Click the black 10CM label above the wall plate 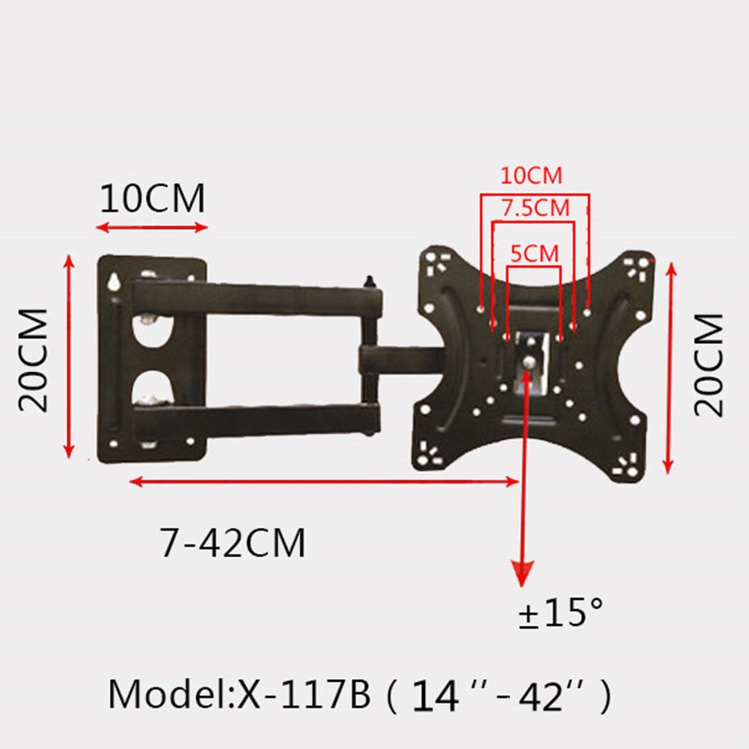click(152, 198)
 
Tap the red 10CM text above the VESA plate click(531, 175)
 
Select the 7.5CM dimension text click(535, 208)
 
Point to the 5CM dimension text click(535, 253)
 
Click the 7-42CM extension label click(232, 543)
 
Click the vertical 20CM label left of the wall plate click(34, 360)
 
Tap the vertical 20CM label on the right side click(708, 365)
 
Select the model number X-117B click(304, 695)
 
